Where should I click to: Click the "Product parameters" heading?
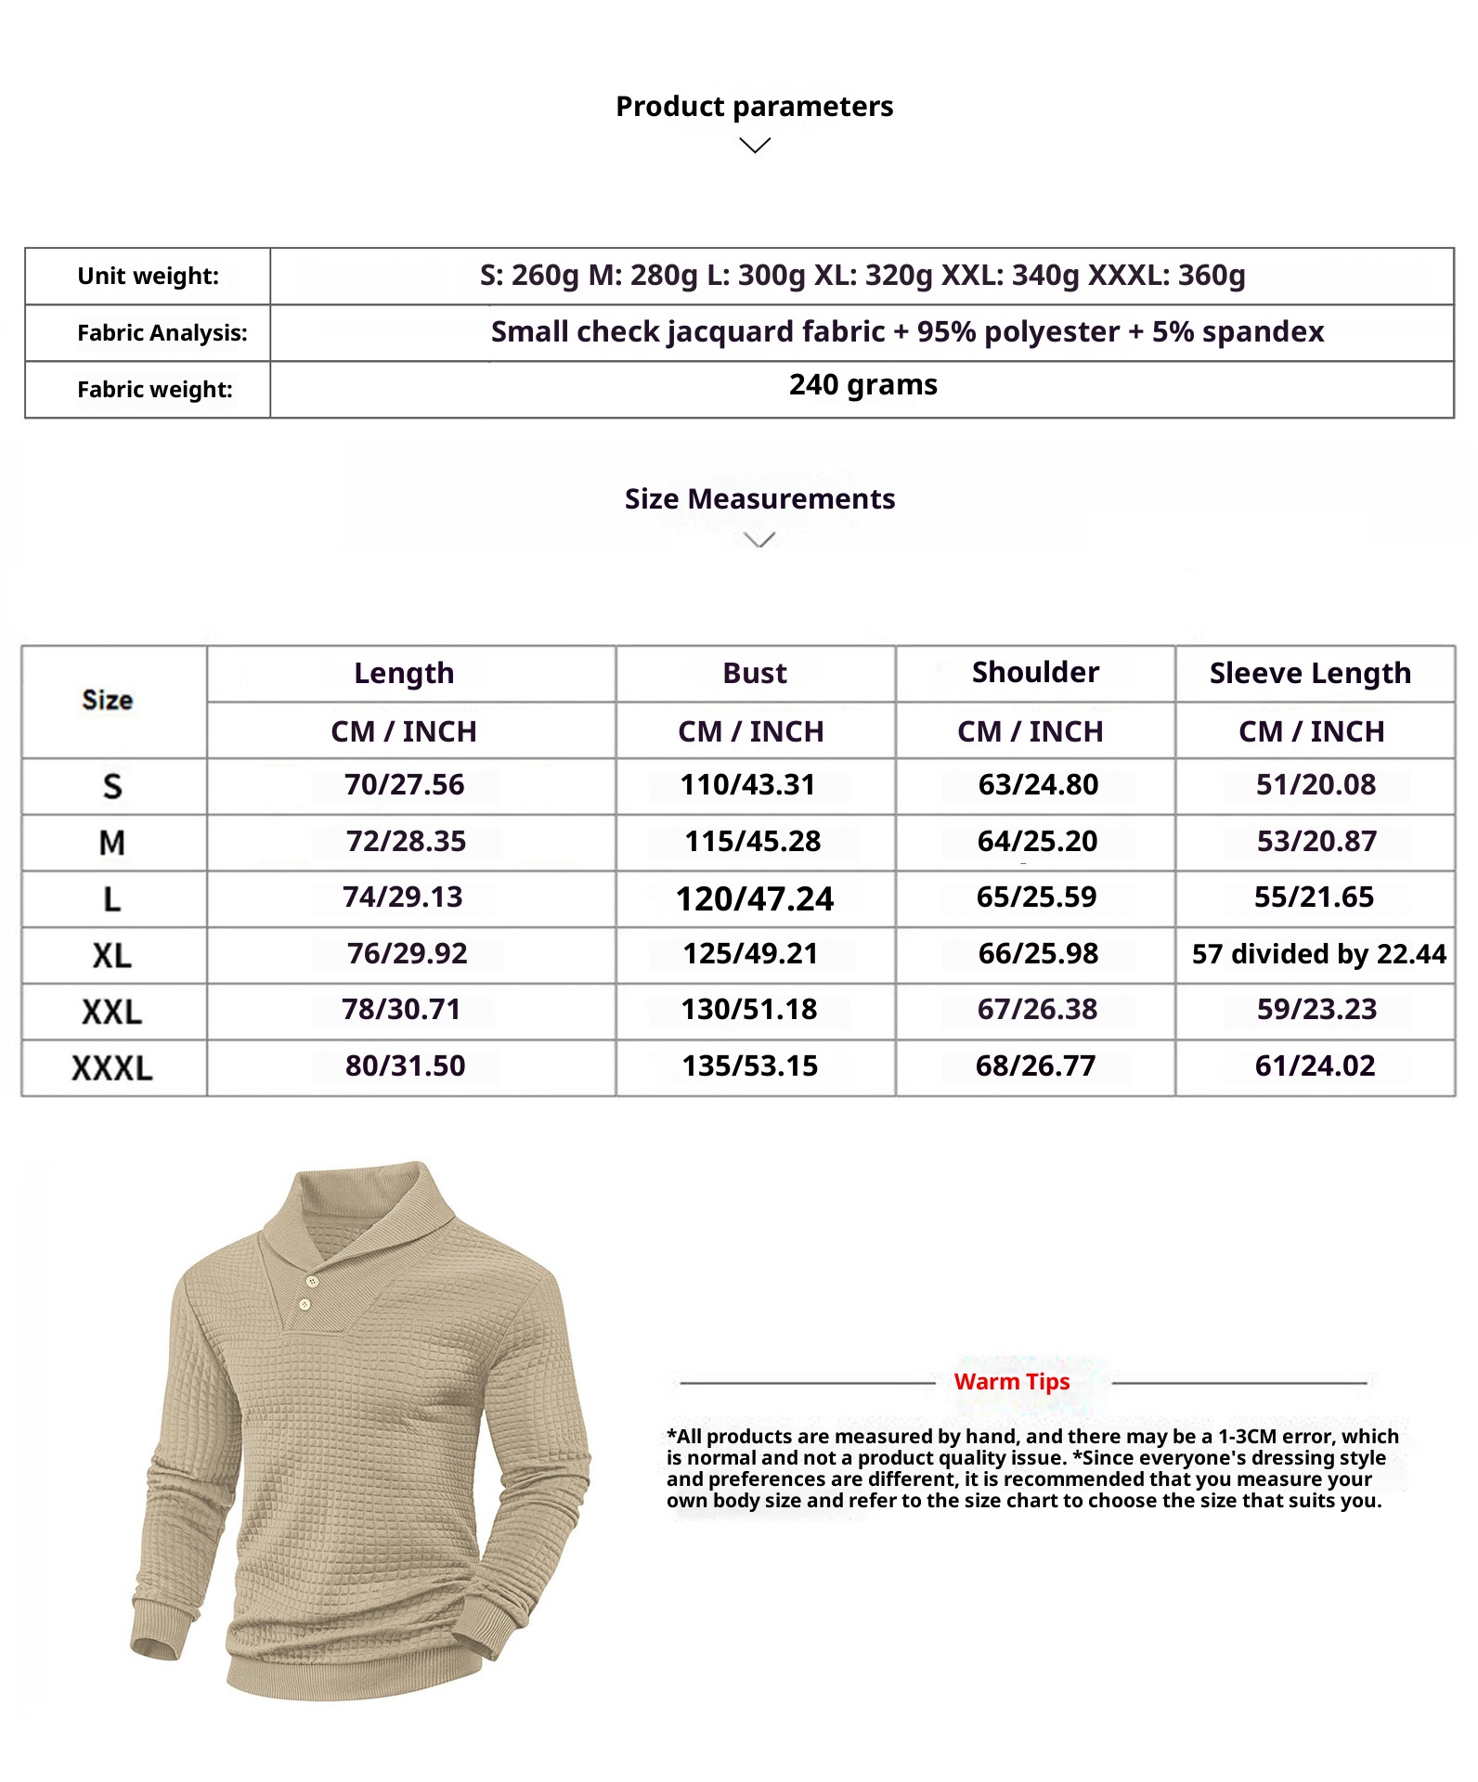[754, 107]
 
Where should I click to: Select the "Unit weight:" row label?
[149, 277]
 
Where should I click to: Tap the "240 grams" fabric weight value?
[862, 385]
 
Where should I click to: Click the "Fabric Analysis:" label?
[162, 333]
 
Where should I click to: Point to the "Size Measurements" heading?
[759, 499]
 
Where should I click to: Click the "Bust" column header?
[755, 673]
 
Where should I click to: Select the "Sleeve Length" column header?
[1310, 673]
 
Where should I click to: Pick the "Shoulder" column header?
[1035, 672]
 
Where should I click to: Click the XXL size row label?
[112, 1012]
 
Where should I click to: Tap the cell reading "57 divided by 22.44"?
[1318, 954]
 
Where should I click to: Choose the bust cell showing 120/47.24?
[755, 898]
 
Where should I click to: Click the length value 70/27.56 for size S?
[405, 785]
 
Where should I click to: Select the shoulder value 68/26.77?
[1035, 1066]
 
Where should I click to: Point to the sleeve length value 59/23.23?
[1316, 1010]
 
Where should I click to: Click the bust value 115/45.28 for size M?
[753, 842]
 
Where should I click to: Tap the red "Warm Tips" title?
[1012, 1382]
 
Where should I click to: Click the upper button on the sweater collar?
[312, 1282]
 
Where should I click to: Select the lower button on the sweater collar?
[305, 1305]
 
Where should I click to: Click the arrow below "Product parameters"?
[755, 146]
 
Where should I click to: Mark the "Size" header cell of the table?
[108, 701]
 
